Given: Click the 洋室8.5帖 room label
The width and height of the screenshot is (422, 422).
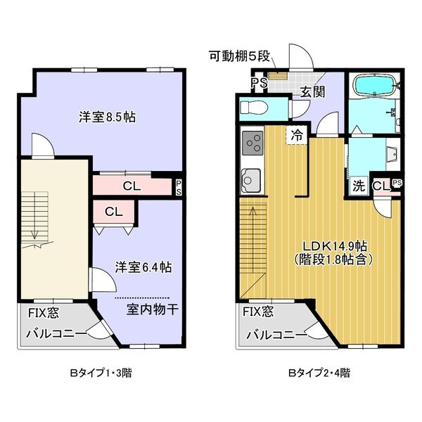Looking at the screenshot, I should coord(107,117).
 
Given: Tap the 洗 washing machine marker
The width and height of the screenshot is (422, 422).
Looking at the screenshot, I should coord(359,186).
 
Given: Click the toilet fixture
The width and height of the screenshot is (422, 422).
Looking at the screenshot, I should coord(255,108).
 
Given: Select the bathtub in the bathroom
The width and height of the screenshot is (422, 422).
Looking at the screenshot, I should coord(375,87).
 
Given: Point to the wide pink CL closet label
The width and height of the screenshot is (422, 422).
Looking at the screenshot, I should coord(132,186).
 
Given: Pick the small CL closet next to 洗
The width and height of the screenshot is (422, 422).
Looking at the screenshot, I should coord(381,186).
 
